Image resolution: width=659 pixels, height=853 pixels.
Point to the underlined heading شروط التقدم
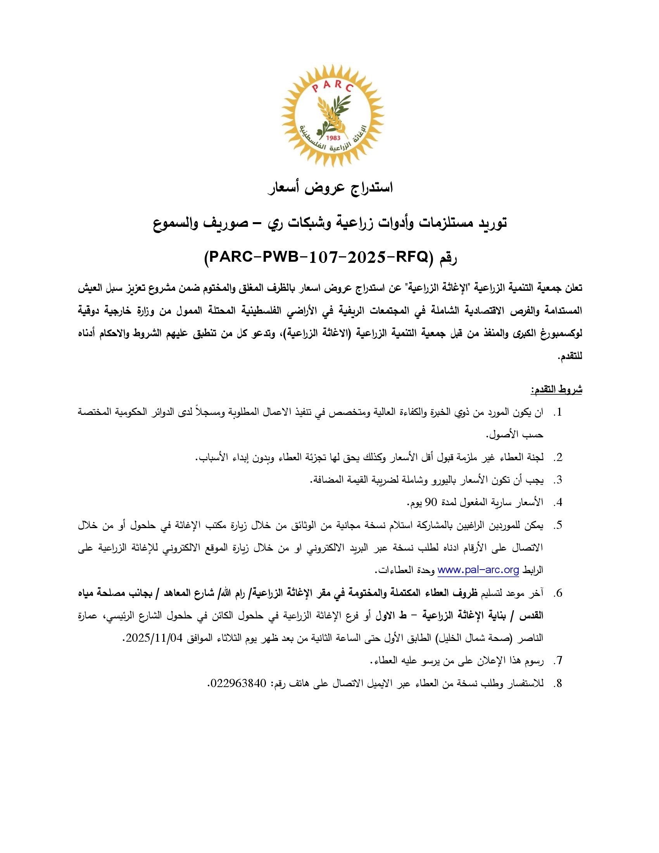556,389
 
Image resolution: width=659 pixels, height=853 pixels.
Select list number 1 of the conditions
558,413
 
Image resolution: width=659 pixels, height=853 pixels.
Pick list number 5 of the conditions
558,525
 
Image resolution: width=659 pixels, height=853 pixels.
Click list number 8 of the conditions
558,683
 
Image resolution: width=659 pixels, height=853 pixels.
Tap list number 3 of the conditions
558,480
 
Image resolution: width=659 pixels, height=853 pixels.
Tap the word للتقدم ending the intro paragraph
570,357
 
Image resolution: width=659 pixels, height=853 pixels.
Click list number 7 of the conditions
558,661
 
